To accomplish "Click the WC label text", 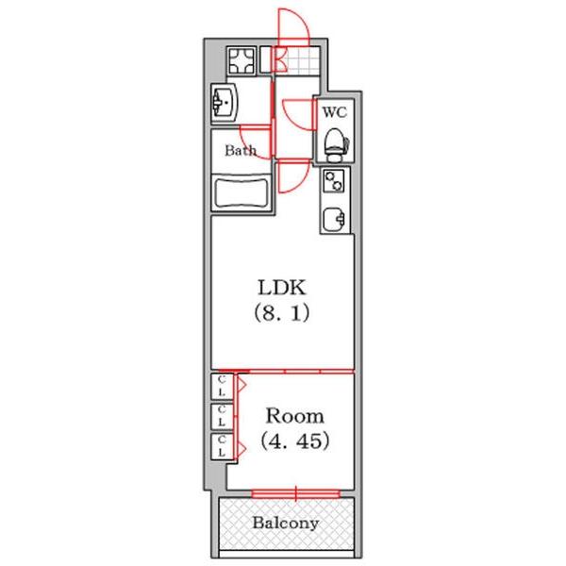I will [335, 112].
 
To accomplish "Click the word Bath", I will [240, 150].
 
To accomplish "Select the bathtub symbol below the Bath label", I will [242, 193].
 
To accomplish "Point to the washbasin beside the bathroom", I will [226, 101].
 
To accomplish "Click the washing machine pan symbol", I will [241, 62].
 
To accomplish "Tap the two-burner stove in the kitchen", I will [334, 180].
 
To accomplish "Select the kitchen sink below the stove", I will [334, 218].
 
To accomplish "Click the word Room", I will [293, 416].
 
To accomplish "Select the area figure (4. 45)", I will [293, 441].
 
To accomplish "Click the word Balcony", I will [285, 523].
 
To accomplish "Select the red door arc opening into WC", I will [298, 115].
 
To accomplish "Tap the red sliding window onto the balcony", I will [294, 491].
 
